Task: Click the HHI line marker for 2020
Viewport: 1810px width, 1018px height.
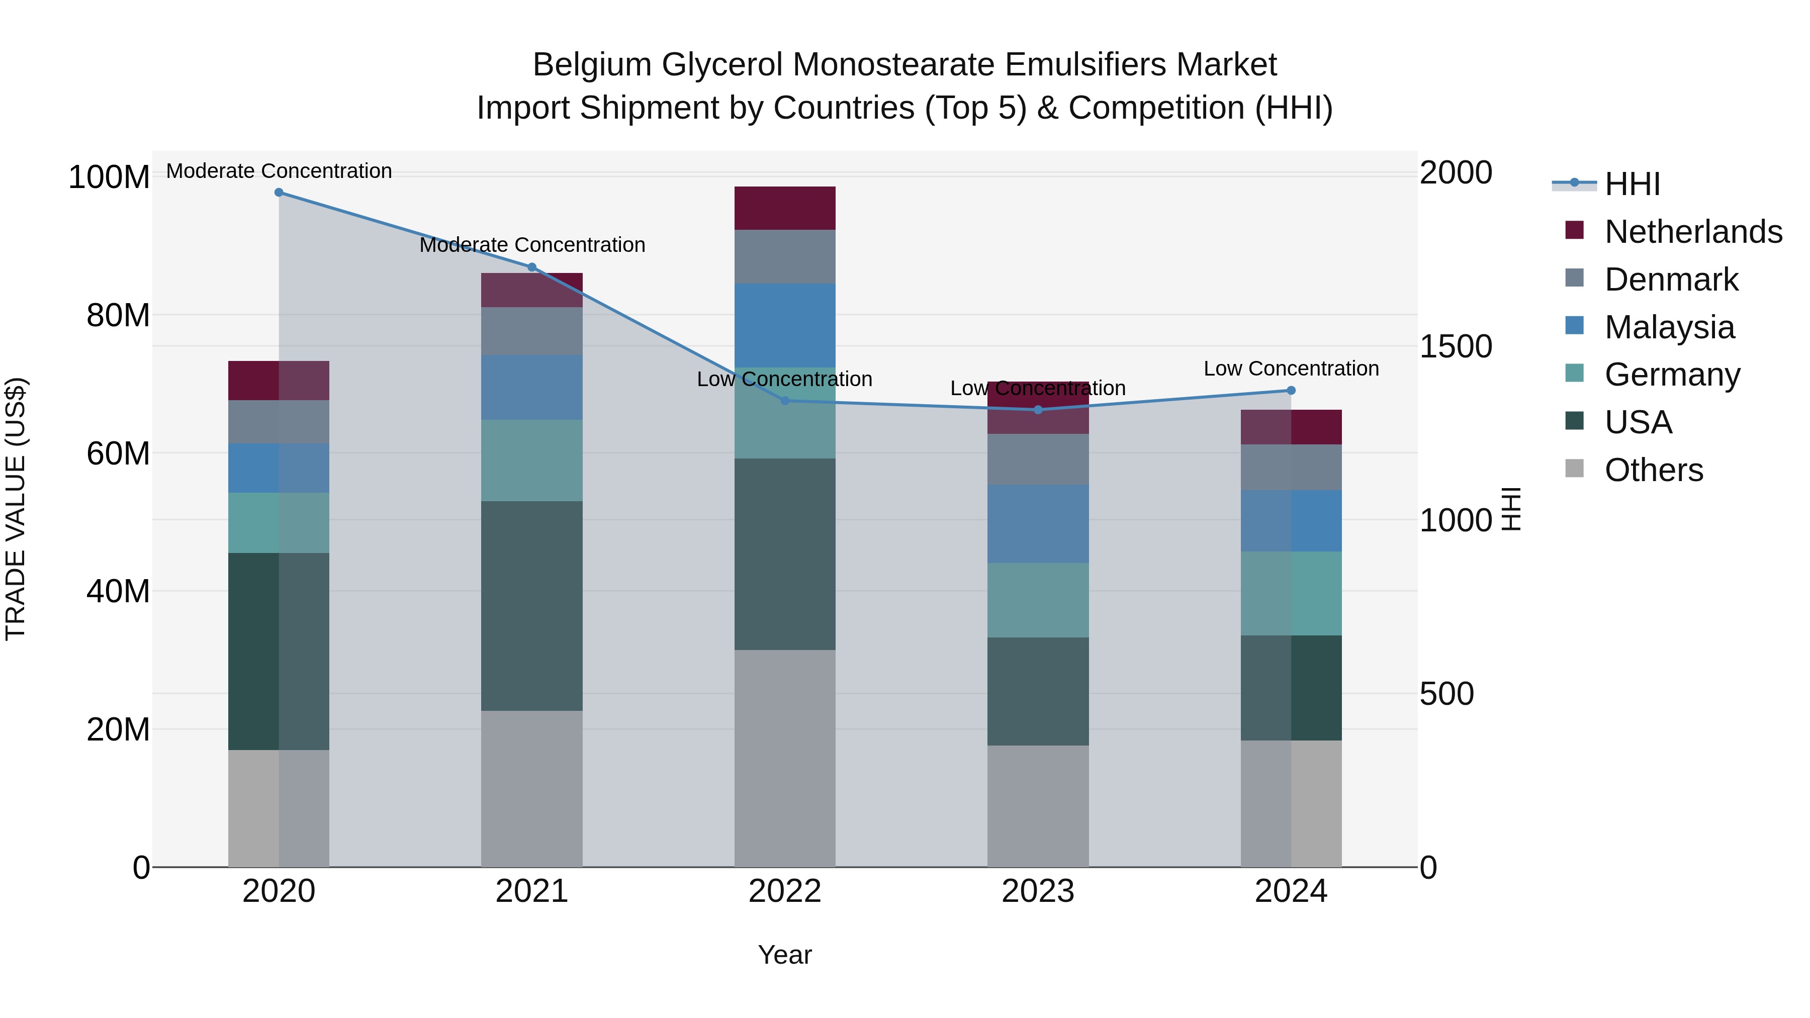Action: tap(279, 192)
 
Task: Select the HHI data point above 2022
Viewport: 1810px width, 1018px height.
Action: tap(785, 401)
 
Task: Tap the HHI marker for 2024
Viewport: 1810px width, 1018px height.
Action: tap(1291, 391)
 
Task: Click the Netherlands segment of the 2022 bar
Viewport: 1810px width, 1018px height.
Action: tap(785, 208)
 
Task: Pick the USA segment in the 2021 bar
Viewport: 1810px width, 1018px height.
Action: tap(532, 606)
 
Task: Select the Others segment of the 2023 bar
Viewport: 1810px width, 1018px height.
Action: tap(1038, 806)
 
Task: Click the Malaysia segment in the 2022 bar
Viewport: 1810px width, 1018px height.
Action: tap(785, 325)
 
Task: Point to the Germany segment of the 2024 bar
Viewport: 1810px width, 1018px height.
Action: tap(1291, 593)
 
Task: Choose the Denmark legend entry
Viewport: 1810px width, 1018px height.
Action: tap(1671, 280)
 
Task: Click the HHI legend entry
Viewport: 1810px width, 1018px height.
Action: tap(1632, 184)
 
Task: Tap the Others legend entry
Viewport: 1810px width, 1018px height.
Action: tap(1653, 470)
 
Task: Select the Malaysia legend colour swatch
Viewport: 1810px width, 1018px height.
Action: tap(1575, 326)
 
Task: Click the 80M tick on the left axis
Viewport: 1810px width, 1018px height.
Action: tap(118, 315)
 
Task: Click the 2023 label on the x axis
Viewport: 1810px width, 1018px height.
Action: tap(1038, 891)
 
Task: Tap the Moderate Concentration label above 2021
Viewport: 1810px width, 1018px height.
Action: tap(532, 245)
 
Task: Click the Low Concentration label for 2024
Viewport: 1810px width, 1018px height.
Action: tap(1291, 369)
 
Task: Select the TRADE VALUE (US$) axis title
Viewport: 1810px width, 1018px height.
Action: tap(16, 509)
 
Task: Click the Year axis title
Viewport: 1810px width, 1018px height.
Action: tap(785, 955)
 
